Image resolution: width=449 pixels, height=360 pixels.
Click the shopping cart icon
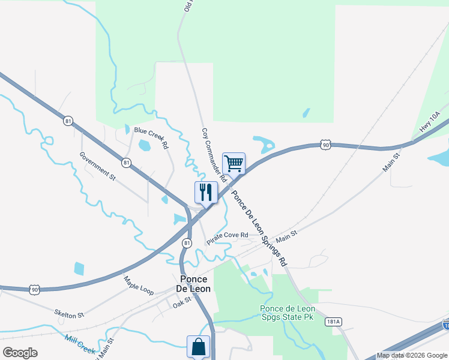[234, 163]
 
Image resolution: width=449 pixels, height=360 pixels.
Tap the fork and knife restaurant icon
[206, 192]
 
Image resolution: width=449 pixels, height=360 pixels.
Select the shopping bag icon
[198, 346]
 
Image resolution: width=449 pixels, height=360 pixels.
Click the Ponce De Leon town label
[192, 284]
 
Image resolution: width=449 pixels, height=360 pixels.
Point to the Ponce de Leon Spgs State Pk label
[286, 313]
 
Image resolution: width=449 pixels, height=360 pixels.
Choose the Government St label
[97, 165]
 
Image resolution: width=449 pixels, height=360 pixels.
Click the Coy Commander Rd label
[214, 155]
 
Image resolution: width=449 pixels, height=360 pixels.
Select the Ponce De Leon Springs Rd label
[260, 228]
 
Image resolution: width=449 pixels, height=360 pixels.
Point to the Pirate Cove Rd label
[228, 238]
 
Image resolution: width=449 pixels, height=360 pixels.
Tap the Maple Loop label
[139, 286]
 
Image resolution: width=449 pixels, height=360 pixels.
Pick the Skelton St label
[69, 314]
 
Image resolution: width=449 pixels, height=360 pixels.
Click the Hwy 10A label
[430, 122]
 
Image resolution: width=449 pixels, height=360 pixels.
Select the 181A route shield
[334, 322]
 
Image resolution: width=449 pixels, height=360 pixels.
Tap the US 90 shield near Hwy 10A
[325, 145]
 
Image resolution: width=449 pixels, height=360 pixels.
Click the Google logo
[20, 353]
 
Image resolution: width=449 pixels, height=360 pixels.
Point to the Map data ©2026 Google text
[412, 355]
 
